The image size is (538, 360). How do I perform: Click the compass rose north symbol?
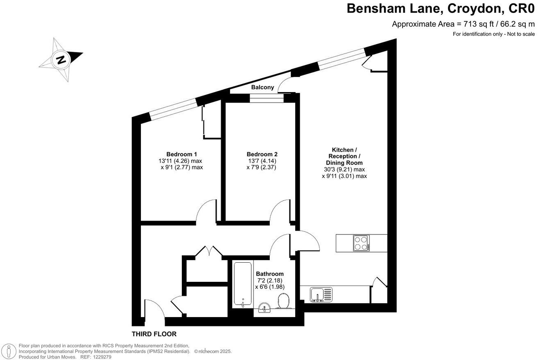[x=61, y=60]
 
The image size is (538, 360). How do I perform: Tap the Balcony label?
[x=262, y=87]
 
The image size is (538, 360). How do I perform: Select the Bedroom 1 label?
[x=181, y=154]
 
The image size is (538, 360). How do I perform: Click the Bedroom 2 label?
[x=262, y=154]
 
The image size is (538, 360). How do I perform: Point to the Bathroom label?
[x=269, y=274]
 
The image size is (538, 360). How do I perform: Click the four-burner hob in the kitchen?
[x=362, y=243]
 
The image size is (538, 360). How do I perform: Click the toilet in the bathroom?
[x=283, y=301]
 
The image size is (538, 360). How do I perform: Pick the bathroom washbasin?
[x=264, y=307]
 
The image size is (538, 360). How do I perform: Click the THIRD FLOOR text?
[x=154, y=334]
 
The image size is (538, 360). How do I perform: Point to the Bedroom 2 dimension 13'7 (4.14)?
[x=262, y=161]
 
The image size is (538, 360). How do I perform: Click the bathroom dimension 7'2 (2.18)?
[x=270, y=280]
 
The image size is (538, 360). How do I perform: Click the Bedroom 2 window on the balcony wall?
[x=267, y=97]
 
